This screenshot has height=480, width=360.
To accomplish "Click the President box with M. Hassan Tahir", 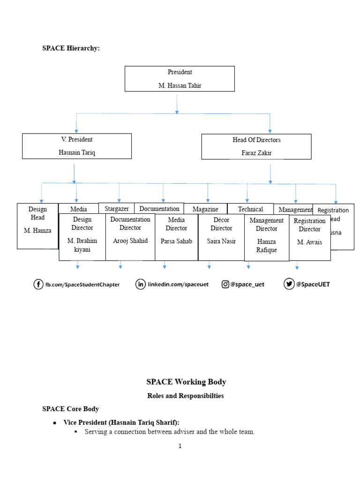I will coord(180,78).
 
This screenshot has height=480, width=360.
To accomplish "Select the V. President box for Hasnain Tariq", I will coord(77,146).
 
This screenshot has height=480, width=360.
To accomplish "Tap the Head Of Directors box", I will coord(256,146).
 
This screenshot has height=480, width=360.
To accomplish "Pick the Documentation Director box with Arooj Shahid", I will coord(130,237).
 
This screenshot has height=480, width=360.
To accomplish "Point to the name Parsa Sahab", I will coord(176,241).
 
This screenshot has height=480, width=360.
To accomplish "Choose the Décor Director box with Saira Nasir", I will coord(221,237).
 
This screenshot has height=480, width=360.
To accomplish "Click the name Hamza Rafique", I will coord(266,246).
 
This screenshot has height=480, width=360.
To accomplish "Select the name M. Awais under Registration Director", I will coord(309,242).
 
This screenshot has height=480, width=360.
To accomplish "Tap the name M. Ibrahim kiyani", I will coord(82,245).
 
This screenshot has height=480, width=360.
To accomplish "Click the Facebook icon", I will coord(38,284).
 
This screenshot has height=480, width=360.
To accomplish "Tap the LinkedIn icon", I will coord(140,284).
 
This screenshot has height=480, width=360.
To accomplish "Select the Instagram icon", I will coord(226,284).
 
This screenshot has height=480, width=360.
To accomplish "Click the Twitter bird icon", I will coord(289,284).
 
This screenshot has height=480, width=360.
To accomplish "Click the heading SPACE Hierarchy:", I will coord(71,48).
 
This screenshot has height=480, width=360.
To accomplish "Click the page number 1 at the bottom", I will coord(180,446).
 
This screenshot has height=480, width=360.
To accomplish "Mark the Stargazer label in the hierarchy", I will coord(116,208).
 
